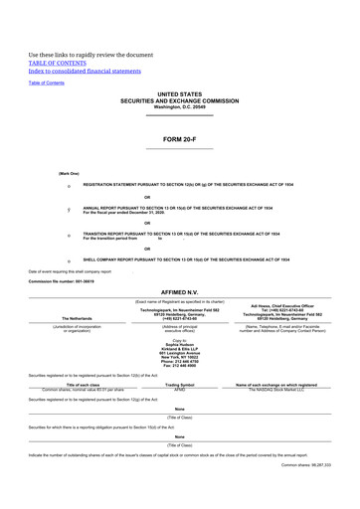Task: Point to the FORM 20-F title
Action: (179, 140)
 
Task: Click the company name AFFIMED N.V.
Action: (179, 292)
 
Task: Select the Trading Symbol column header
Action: (180, 384)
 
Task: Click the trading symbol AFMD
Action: (180, 389)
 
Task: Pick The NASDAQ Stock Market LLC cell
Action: (282, 389)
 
